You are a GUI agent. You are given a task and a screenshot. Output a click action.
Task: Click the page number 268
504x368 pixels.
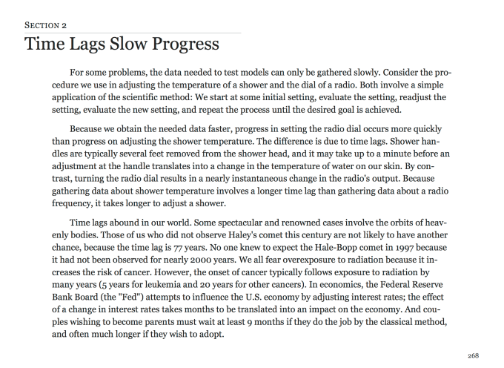point(484,355)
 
